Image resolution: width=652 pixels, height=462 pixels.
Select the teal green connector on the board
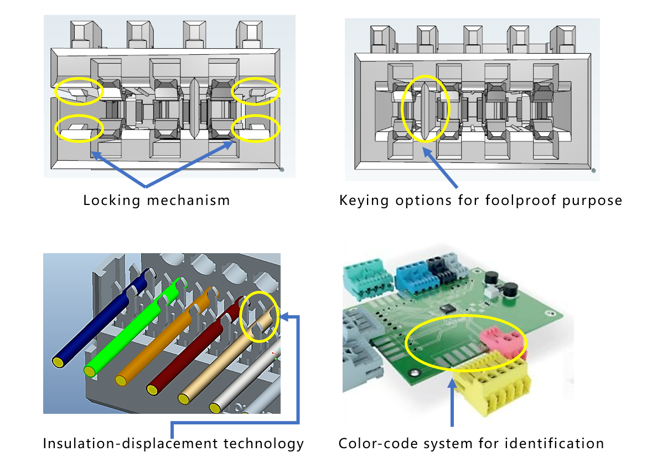tap(366, 277)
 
